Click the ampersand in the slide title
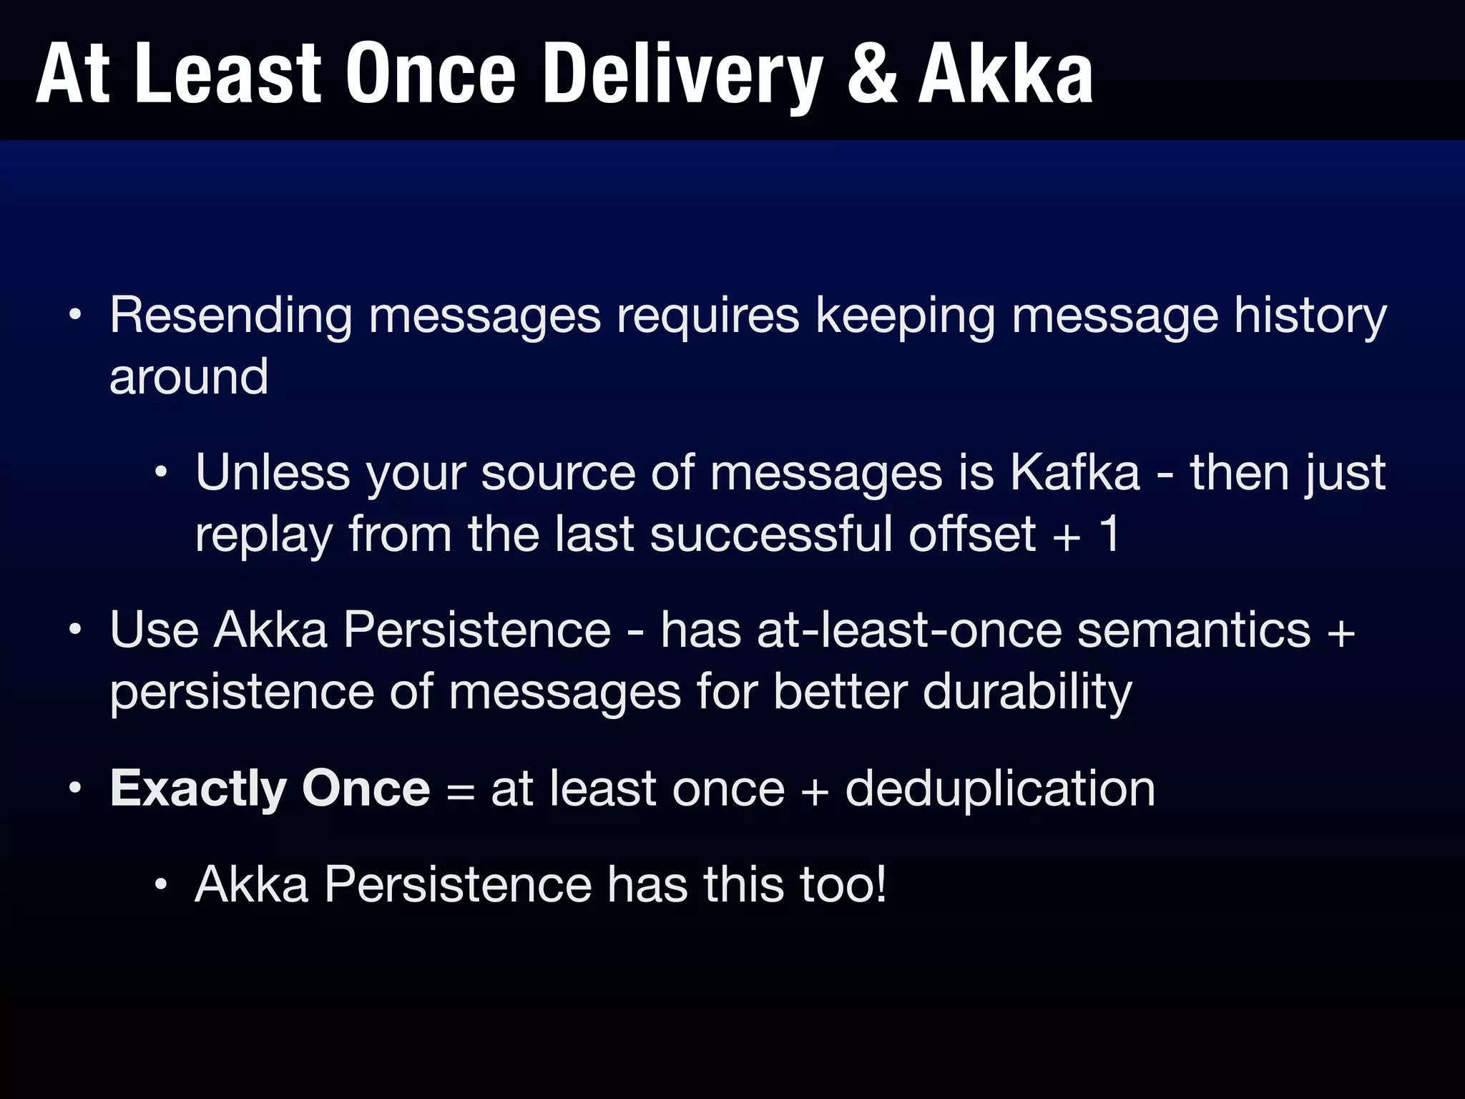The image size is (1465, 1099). coord(872,74)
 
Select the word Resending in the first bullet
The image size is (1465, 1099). coord(230,316)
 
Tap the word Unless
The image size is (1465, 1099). coord(273,473)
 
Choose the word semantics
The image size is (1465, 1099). coord(1194,630)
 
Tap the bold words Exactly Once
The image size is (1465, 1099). coord(270,788)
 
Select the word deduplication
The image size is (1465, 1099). coord(1000,788)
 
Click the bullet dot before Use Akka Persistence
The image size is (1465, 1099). coord(76,632)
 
